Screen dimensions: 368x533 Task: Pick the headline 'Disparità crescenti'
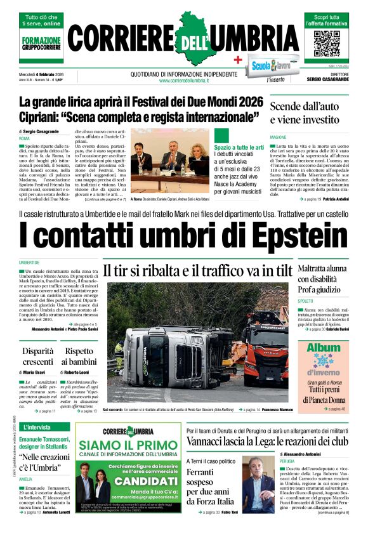(38, 355)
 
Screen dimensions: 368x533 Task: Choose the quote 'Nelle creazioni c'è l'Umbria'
(43, 462)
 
